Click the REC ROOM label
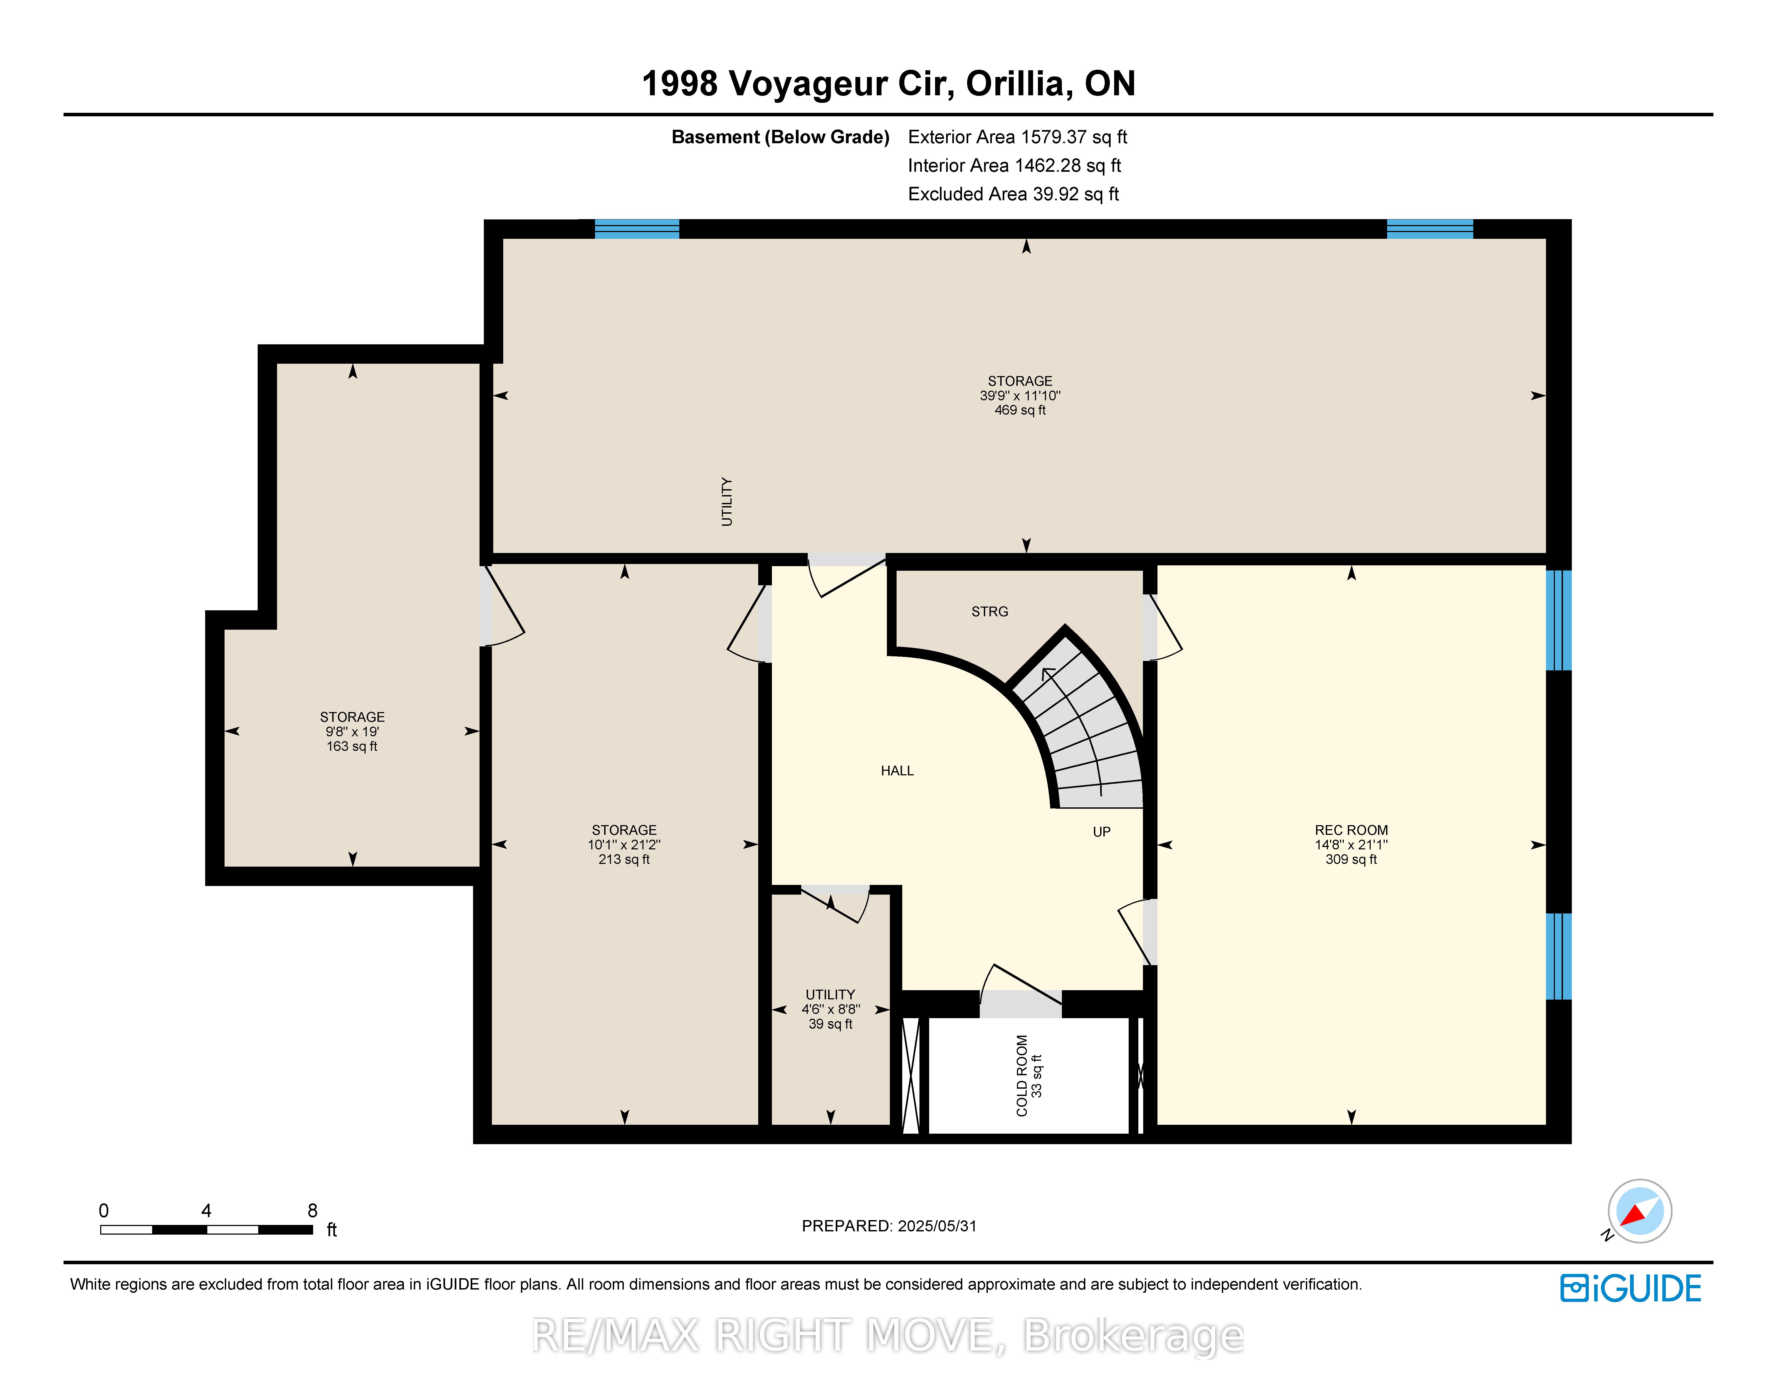click(x=1351, y=830)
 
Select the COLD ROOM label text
click(x=1022, y=1075)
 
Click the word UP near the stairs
click(x=1102, y=831)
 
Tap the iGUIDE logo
click(x=1631, y=1288)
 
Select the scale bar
click(x=207, y=1229)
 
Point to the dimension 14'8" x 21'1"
click(x=1351, y=844)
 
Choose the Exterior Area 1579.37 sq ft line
click(x=1017, y=137)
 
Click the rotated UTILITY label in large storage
click(x=727, y=502)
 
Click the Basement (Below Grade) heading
click(x=780, y=137)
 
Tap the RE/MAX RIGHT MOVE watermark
click(x=888, y=1335)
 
